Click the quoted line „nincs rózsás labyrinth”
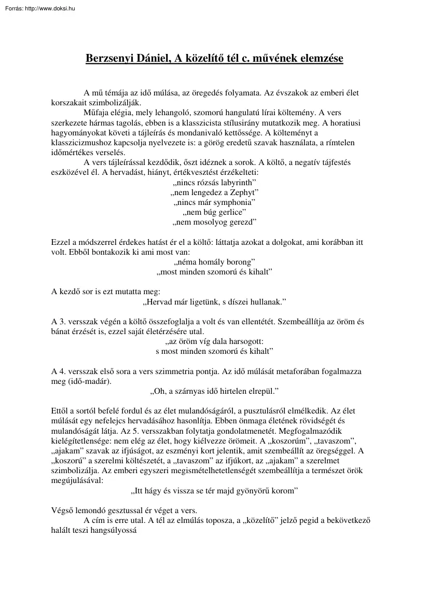click(214, 183)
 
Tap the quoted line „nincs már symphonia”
click(214, 202)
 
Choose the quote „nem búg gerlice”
click(214, 212)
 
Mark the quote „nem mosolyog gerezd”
click(214, 222)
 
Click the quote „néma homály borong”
click(214, 261)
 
